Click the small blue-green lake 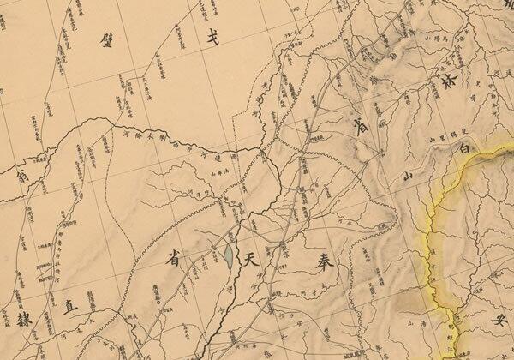(226, 255)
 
